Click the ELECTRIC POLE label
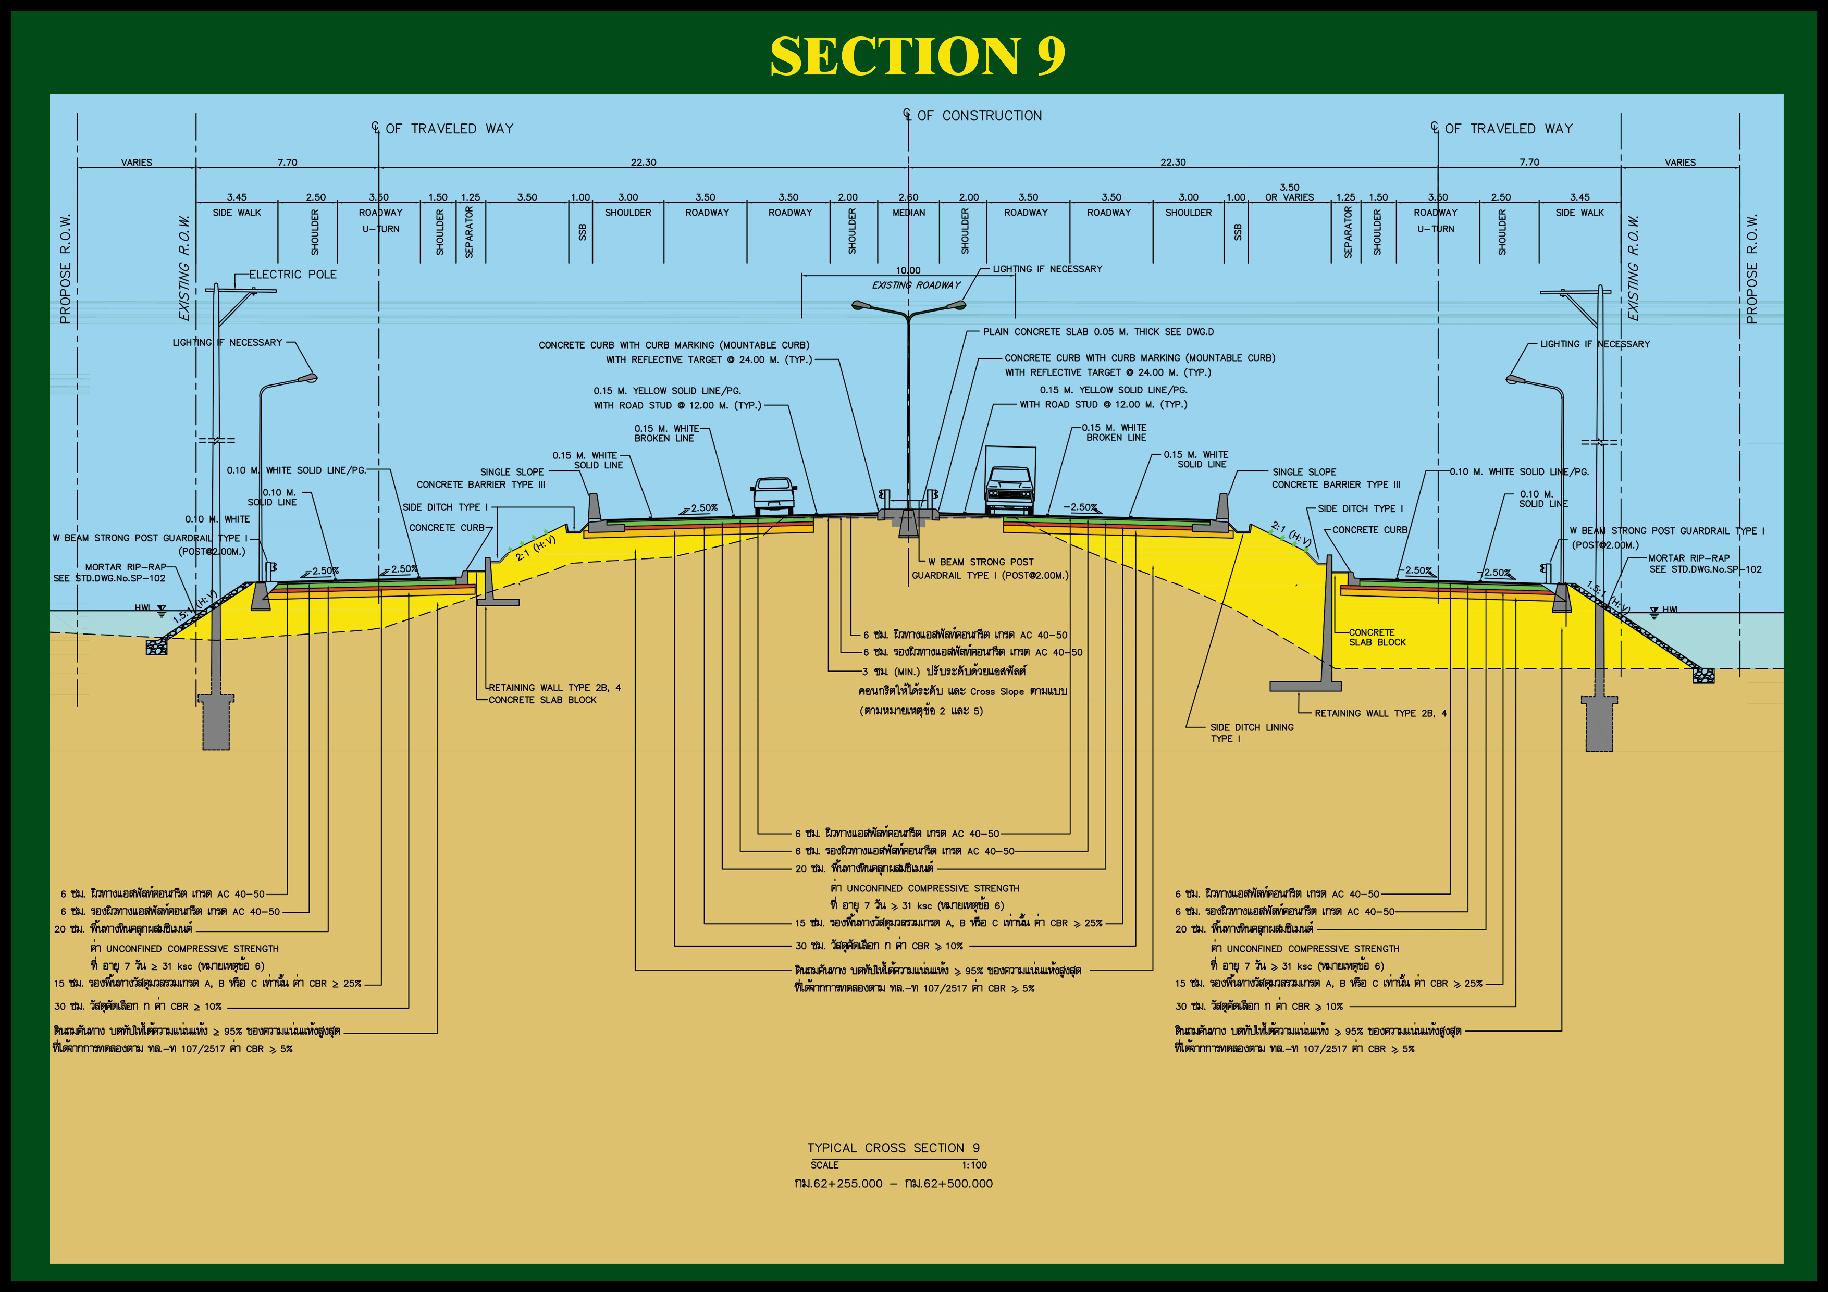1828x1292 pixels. click(x=292, y=275)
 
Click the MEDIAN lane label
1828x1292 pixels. click(x=908, y=213)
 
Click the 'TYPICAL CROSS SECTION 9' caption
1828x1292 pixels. click(x=893, y=1148)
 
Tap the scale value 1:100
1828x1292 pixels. click(x=974, y=1165)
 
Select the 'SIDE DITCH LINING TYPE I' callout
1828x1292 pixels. click(x=1252, y=732)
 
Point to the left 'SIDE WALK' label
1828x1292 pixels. click(x=237, y=213)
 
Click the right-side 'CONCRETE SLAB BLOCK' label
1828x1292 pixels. click(x=1377, y=638)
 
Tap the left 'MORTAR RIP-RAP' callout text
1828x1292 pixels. click(x=126, y=567)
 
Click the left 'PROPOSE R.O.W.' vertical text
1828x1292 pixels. click(x=65, y=269)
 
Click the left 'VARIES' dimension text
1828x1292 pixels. click(x=136, y=163)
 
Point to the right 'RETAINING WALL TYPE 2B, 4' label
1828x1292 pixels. click(x=1380, y=713)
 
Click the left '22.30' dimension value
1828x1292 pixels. click(x=644, y=163)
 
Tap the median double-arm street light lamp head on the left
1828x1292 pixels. click(x=862, y=305)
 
